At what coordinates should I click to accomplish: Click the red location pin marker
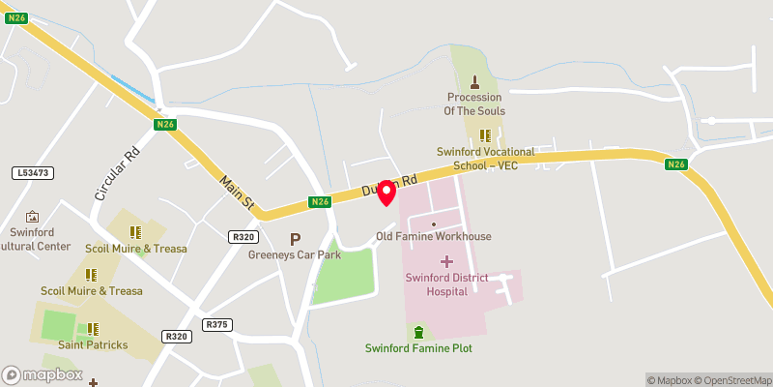click(386, 192)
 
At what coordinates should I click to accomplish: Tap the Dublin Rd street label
click(388, 185)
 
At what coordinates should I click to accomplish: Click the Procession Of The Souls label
click(473, 104)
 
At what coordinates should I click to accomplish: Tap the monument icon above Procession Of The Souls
click(474, 82)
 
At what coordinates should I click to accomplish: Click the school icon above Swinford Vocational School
click(485, 135)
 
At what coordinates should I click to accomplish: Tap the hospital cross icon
click(446, 261)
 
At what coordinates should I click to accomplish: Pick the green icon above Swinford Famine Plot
click(418, 332)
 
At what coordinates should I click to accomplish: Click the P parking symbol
click(295, 239)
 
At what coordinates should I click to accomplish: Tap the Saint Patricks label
click(93, 344)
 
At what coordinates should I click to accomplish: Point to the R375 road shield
click(217, 324)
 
